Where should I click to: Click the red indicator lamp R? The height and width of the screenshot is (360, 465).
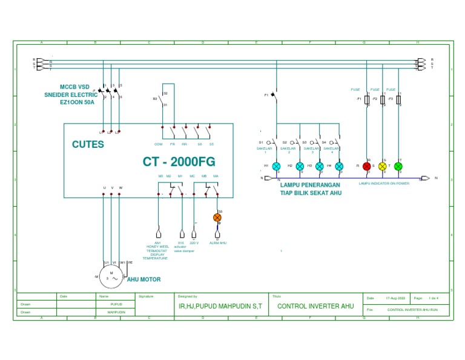pos(367,166)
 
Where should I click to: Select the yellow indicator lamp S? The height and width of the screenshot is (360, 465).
pos(382,166)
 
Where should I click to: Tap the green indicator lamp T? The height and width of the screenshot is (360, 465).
pos(398,166)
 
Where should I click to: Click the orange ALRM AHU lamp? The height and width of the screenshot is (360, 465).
pos(217,218)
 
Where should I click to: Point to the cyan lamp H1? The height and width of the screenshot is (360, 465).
pos(276,166)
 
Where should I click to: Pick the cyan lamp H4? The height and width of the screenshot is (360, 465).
pos(339,166)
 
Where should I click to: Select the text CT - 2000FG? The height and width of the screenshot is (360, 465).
pos(179,162)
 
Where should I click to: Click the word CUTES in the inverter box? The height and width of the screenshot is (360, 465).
pos(88,145)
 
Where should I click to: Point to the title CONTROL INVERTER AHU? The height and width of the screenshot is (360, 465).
pos(315,307)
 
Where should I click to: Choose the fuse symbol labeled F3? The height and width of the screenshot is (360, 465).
pos(398,99)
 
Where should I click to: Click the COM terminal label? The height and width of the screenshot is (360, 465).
pos(159,144)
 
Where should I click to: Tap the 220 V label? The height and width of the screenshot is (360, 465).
pos(194,242)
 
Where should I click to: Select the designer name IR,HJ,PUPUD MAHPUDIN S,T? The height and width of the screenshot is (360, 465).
pos(220,307)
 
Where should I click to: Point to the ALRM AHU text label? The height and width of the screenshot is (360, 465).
pos(217,242)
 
